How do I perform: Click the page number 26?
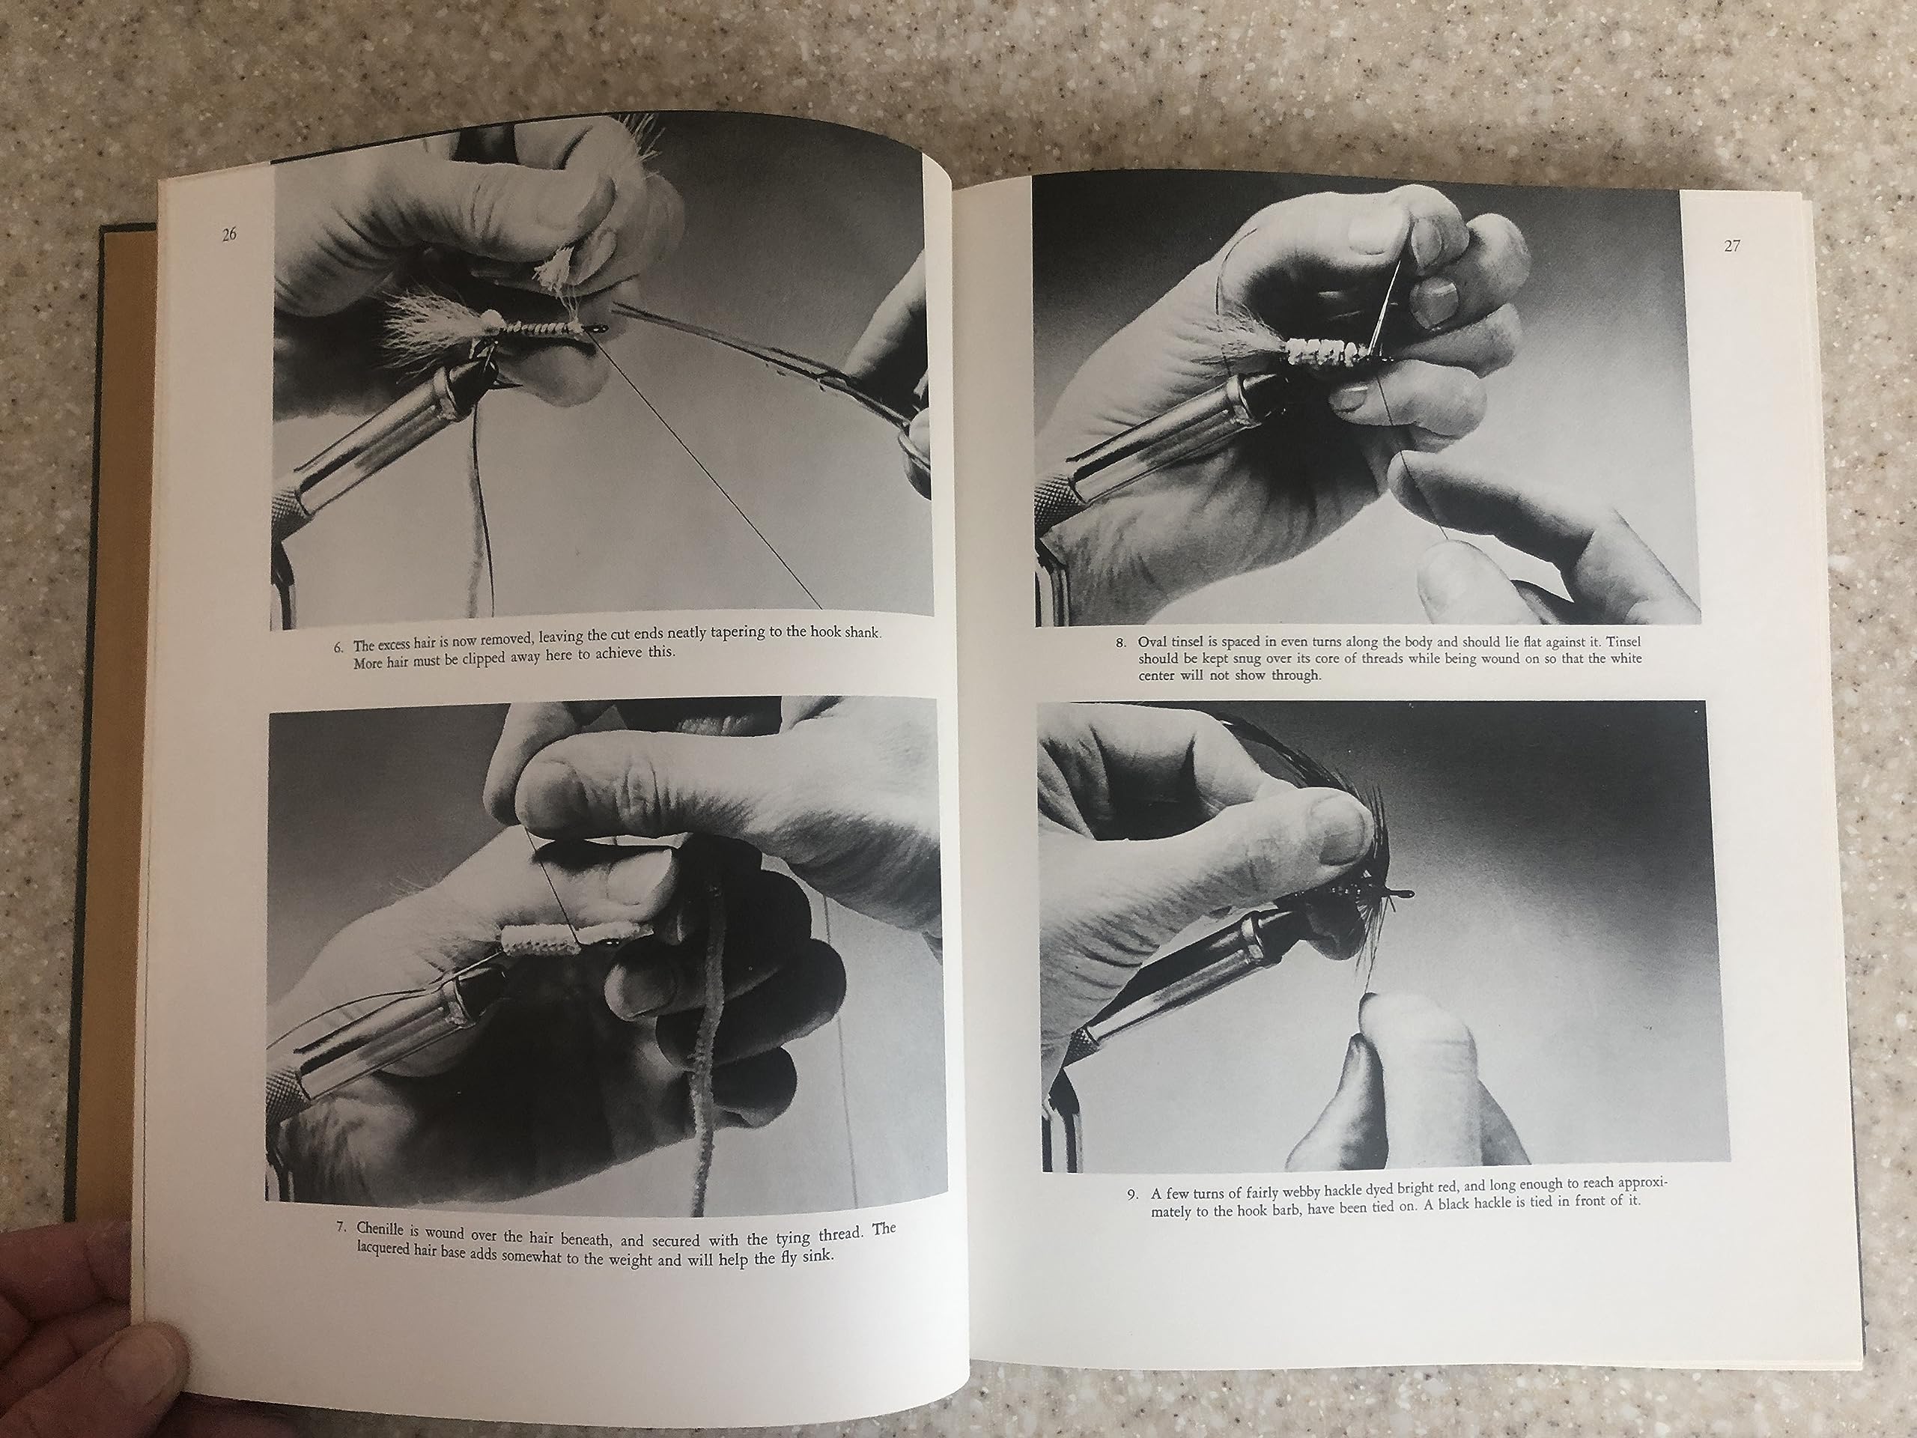click(x=229, y=234)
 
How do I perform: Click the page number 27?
click(x=1731, y=246)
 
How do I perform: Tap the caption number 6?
click(x=339, y=646)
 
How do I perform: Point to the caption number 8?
click(x=1120, y=643)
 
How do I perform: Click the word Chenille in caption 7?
click(x=382, y=1228)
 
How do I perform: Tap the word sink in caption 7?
click(x=817, y=1256)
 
